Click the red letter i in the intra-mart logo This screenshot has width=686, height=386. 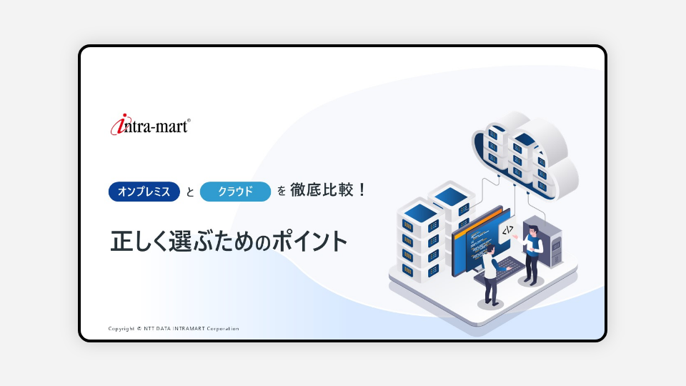click(x=119, y=124)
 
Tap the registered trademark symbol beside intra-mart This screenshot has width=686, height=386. click(x=189, y=120)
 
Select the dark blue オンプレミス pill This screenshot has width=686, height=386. click(x=144, y=192)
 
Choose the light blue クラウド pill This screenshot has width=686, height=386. click(x=235, y=192)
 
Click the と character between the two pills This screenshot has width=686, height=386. click(x=190, y=192)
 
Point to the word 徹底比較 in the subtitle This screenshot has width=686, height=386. click(x=322, y=190)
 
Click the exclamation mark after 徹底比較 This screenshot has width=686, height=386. click(x=362, y=190)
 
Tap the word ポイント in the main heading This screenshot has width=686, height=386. click(x=310, y=241)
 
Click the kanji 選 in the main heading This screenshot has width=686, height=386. click(x=180, y=241)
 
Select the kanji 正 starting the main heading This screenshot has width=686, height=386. click(x=121, y=241)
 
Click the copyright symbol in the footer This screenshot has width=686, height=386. click(x=139, y=329)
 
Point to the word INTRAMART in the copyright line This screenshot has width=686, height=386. click(x=189, y=329)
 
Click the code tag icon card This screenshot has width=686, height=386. click(x=507, y=231)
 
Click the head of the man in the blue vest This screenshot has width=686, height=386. click(x=532, y=230)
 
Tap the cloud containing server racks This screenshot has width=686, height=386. click(x=525, y=155)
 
